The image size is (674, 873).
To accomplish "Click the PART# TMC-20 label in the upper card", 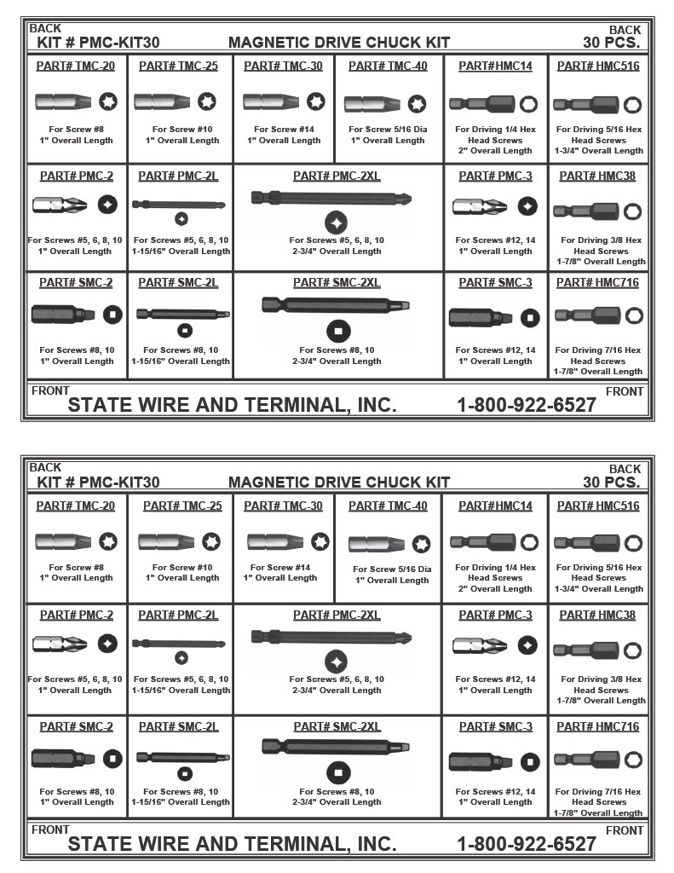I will point(77,66).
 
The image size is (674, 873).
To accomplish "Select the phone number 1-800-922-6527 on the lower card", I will point(527,843).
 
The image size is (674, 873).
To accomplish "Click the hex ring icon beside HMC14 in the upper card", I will point(528,104).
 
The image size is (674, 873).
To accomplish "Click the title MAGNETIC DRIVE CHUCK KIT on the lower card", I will point(339,482).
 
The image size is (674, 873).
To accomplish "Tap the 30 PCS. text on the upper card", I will point(611,42).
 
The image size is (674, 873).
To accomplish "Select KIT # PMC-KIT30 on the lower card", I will point(98,482).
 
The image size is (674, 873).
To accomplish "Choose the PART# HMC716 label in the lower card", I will point(597,726).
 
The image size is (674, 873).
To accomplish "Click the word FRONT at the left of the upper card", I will point(50,390).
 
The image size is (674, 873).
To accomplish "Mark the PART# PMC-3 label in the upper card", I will point(495,176).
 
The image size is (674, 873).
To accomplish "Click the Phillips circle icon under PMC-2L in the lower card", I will point(181,657).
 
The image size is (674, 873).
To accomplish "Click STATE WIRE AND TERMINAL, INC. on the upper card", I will point(232,404).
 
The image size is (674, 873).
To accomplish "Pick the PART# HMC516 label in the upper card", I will point(597,66).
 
